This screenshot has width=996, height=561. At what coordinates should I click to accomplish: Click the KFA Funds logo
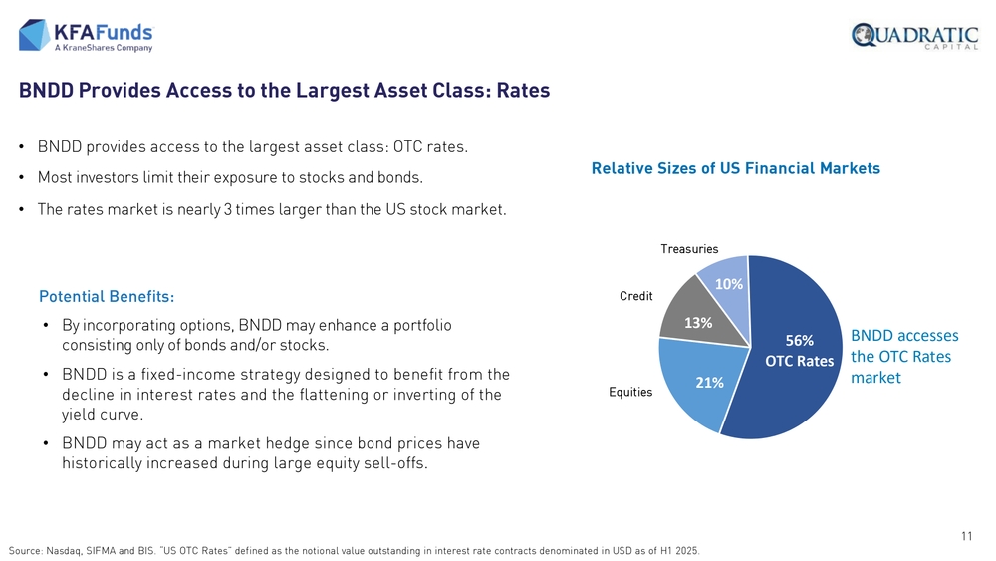[86, 35]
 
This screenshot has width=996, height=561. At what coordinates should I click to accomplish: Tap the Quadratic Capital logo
[914, 36]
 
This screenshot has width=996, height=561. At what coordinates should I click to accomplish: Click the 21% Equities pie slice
[699, 382]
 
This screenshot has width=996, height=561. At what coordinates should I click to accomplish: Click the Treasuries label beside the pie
[689, 249]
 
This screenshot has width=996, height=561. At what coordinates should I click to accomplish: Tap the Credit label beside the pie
[635, 296]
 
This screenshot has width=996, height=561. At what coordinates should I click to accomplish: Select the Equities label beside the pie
[630, 392]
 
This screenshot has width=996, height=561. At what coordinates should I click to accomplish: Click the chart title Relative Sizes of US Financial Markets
[736, 168]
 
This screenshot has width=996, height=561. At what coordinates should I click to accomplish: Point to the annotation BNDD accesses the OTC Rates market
[904, 357]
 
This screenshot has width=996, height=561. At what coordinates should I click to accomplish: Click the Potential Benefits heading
[107, 297]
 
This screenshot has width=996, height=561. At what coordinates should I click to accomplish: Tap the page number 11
[967, 536]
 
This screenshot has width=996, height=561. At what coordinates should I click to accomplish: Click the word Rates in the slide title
[524, 91]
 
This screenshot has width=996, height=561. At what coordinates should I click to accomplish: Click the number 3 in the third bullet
[227, 209]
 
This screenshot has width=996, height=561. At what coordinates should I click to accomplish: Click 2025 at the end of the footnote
[687, 551]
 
